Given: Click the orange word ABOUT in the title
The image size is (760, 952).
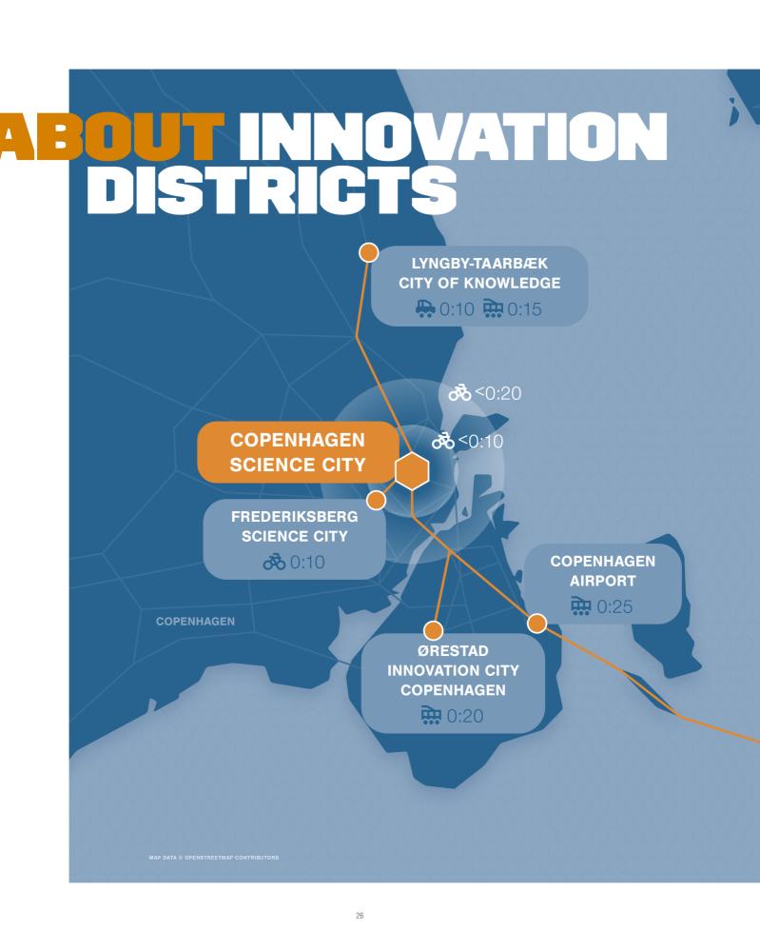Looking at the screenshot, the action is pos(112,136).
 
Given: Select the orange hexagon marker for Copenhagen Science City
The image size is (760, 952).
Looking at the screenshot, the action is pos(412,471).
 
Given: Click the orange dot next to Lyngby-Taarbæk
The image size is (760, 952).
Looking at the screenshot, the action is pos(369,252).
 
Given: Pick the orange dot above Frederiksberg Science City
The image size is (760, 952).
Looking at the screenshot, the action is pos(376,501).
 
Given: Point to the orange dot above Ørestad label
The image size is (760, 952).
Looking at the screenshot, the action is pos(433,630).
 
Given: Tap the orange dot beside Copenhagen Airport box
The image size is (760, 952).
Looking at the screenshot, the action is pos(536,623).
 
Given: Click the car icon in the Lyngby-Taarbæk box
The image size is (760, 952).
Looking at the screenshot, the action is pos(425,308).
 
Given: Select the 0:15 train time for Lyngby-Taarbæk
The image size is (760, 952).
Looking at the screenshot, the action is pos(524,309).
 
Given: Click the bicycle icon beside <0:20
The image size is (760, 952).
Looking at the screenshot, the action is pos(459,393).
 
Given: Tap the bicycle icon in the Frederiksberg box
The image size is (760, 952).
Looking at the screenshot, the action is pos(274,562).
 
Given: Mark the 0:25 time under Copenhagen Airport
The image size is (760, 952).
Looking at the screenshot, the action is pos(614,606).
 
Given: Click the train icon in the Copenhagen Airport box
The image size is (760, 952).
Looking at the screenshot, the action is pos(580,605).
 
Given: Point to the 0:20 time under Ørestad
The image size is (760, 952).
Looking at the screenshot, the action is pos(465,716).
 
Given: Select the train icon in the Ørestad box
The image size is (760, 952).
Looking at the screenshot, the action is pos(431,715).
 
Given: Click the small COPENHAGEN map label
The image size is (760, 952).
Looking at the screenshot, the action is pos(195,621).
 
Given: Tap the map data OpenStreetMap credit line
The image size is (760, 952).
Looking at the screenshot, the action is pos(214,858).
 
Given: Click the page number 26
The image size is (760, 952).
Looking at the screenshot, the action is pos(360,916).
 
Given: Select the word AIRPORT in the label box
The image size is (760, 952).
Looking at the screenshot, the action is pos(603,581).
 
